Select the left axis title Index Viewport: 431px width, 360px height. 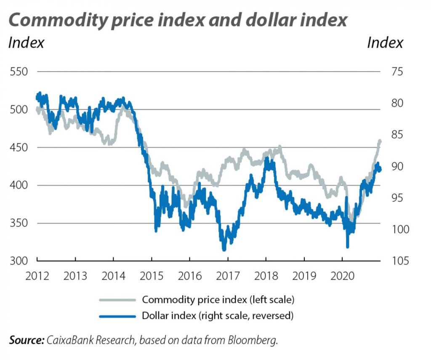[x=26, y=43]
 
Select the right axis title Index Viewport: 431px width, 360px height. [x=385, y=43]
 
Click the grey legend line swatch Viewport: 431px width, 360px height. [x=117, y=300]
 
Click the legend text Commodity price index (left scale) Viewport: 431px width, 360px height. [x=217, y=300]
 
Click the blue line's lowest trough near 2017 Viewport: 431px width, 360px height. [x=224, y=249]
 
